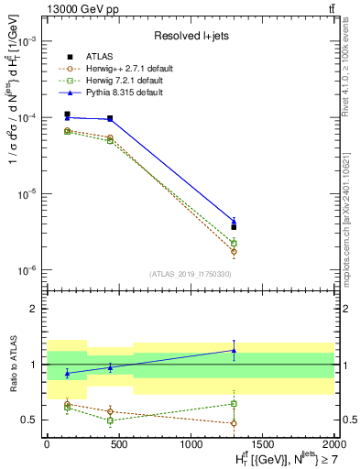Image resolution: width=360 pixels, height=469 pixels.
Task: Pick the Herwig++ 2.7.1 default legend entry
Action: click(x=120, y=69)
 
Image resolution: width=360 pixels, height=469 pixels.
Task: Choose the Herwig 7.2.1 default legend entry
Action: click(x=118, y=81)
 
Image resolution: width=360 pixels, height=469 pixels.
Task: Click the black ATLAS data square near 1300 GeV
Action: click(x=234, y=226)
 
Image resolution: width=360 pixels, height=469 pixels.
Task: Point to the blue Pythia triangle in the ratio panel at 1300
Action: click(x=234, y=350)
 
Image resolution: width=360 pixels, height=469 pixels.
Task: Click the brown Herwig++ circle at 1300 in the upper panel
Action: click(x=234, y=251)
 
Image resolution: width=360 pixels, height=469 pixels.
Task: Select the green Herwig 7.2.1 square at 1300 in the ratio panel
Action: click(x=234, y=403)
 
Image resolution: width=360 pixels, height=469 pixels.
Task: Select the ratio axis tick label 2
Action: click(x=36, y=309)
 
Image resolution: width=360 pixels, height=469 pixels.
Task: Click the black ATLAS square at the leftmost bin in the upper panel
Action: click(x=67, y=115)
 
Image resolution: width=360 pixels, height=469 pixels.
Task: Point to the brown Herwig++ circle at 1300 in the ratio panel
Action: click(x=234, y=423)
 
